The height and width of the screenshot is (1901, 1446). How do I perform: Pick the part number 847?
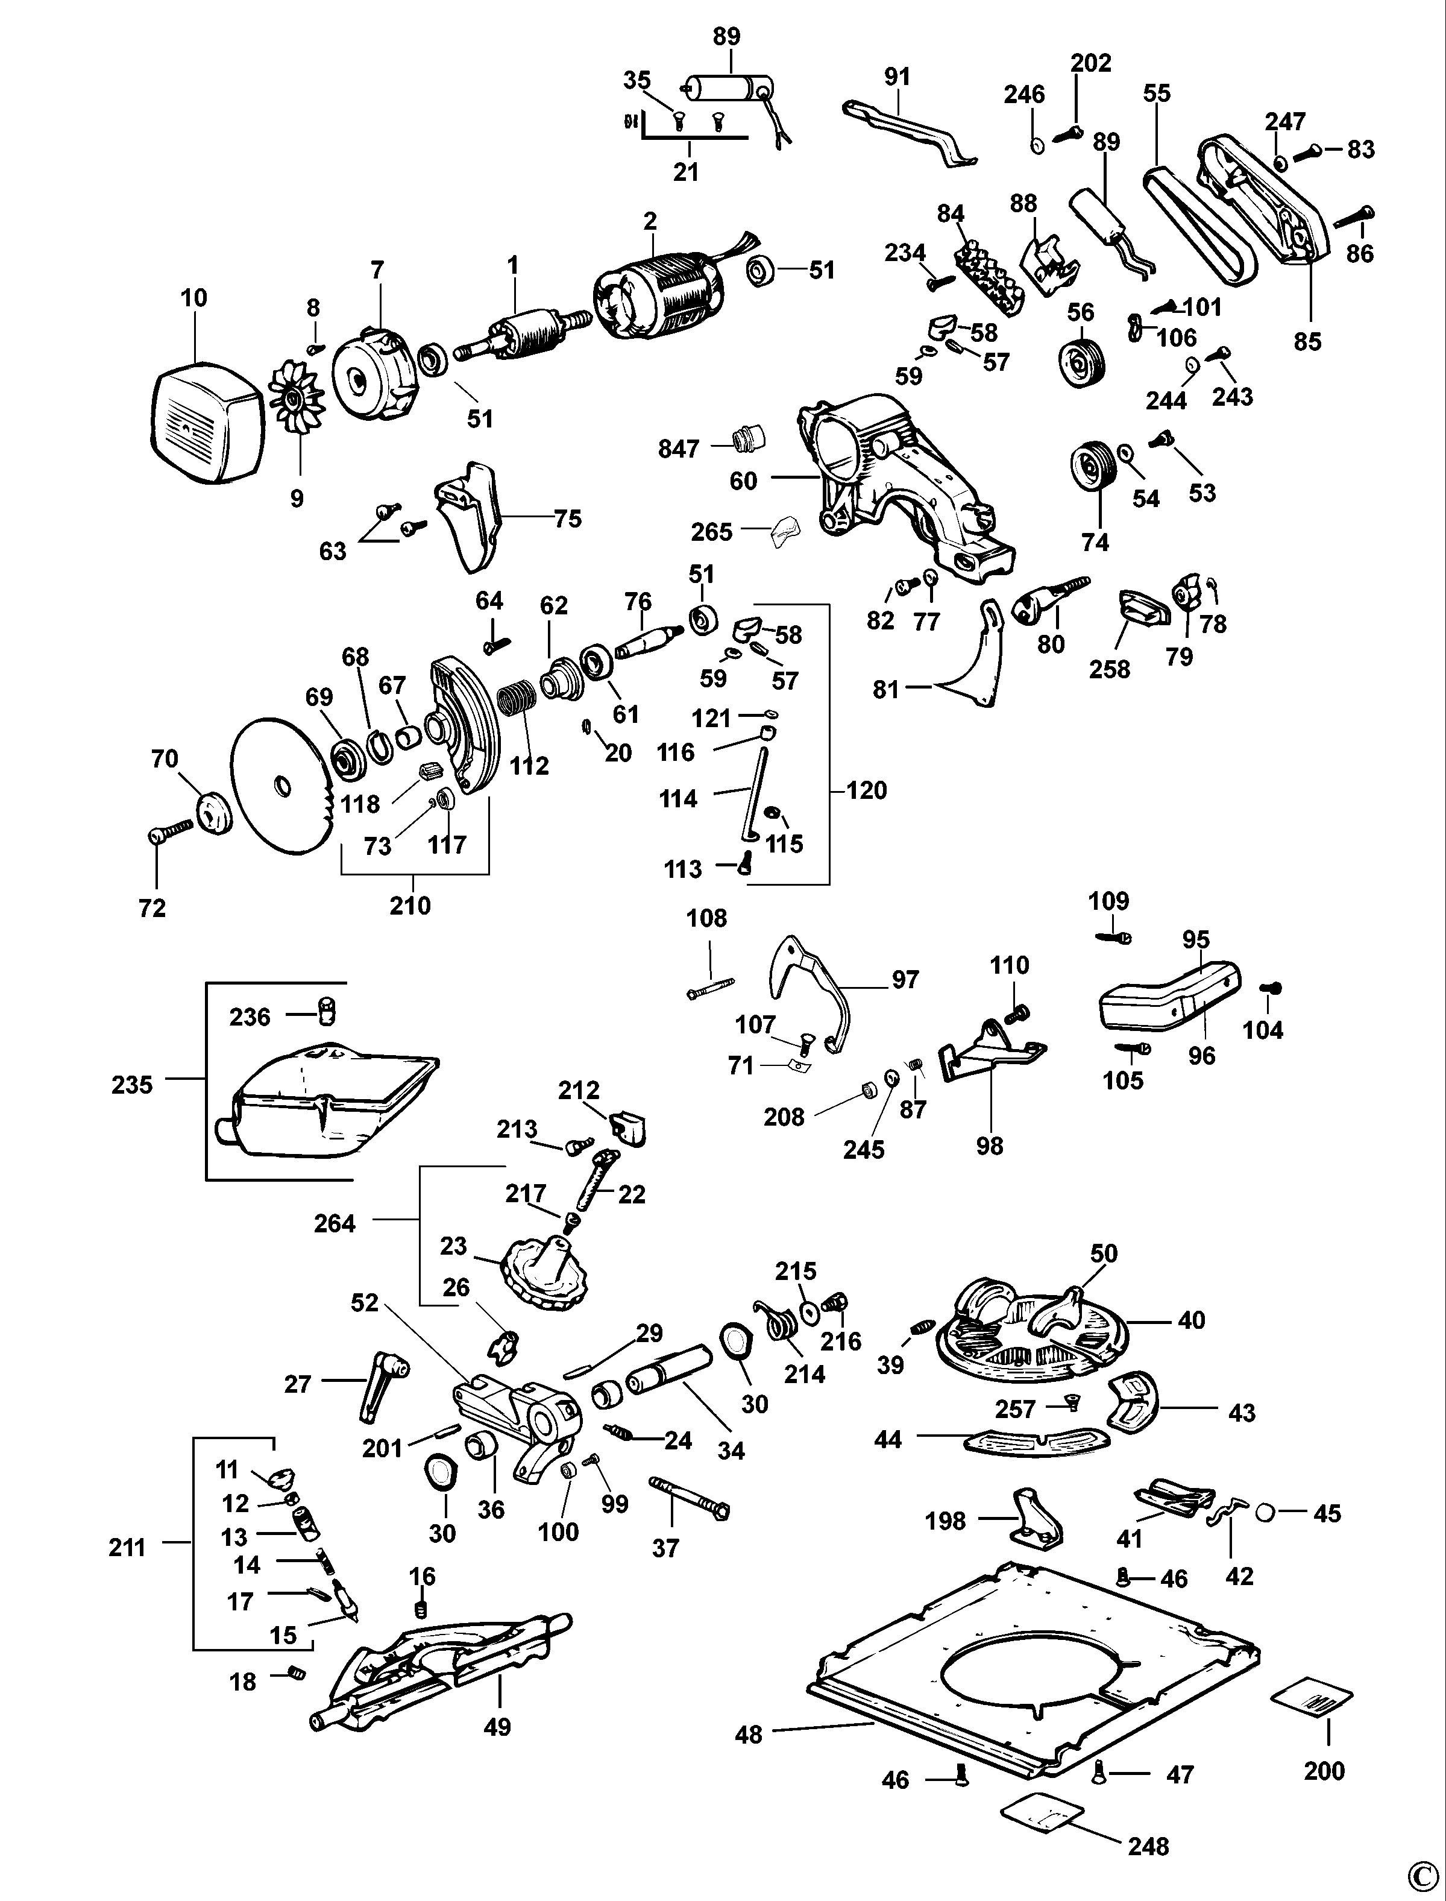click(x=678, y=449)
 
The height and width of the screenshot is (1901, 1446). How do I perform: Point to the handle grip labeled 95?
click(x=1171, y=997)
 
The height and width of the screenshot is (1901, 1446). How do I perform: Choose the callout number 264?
click(x=335, y=1223)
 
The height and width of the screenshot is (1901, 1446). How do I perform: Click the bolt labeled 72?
click(x=169, y=831)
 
